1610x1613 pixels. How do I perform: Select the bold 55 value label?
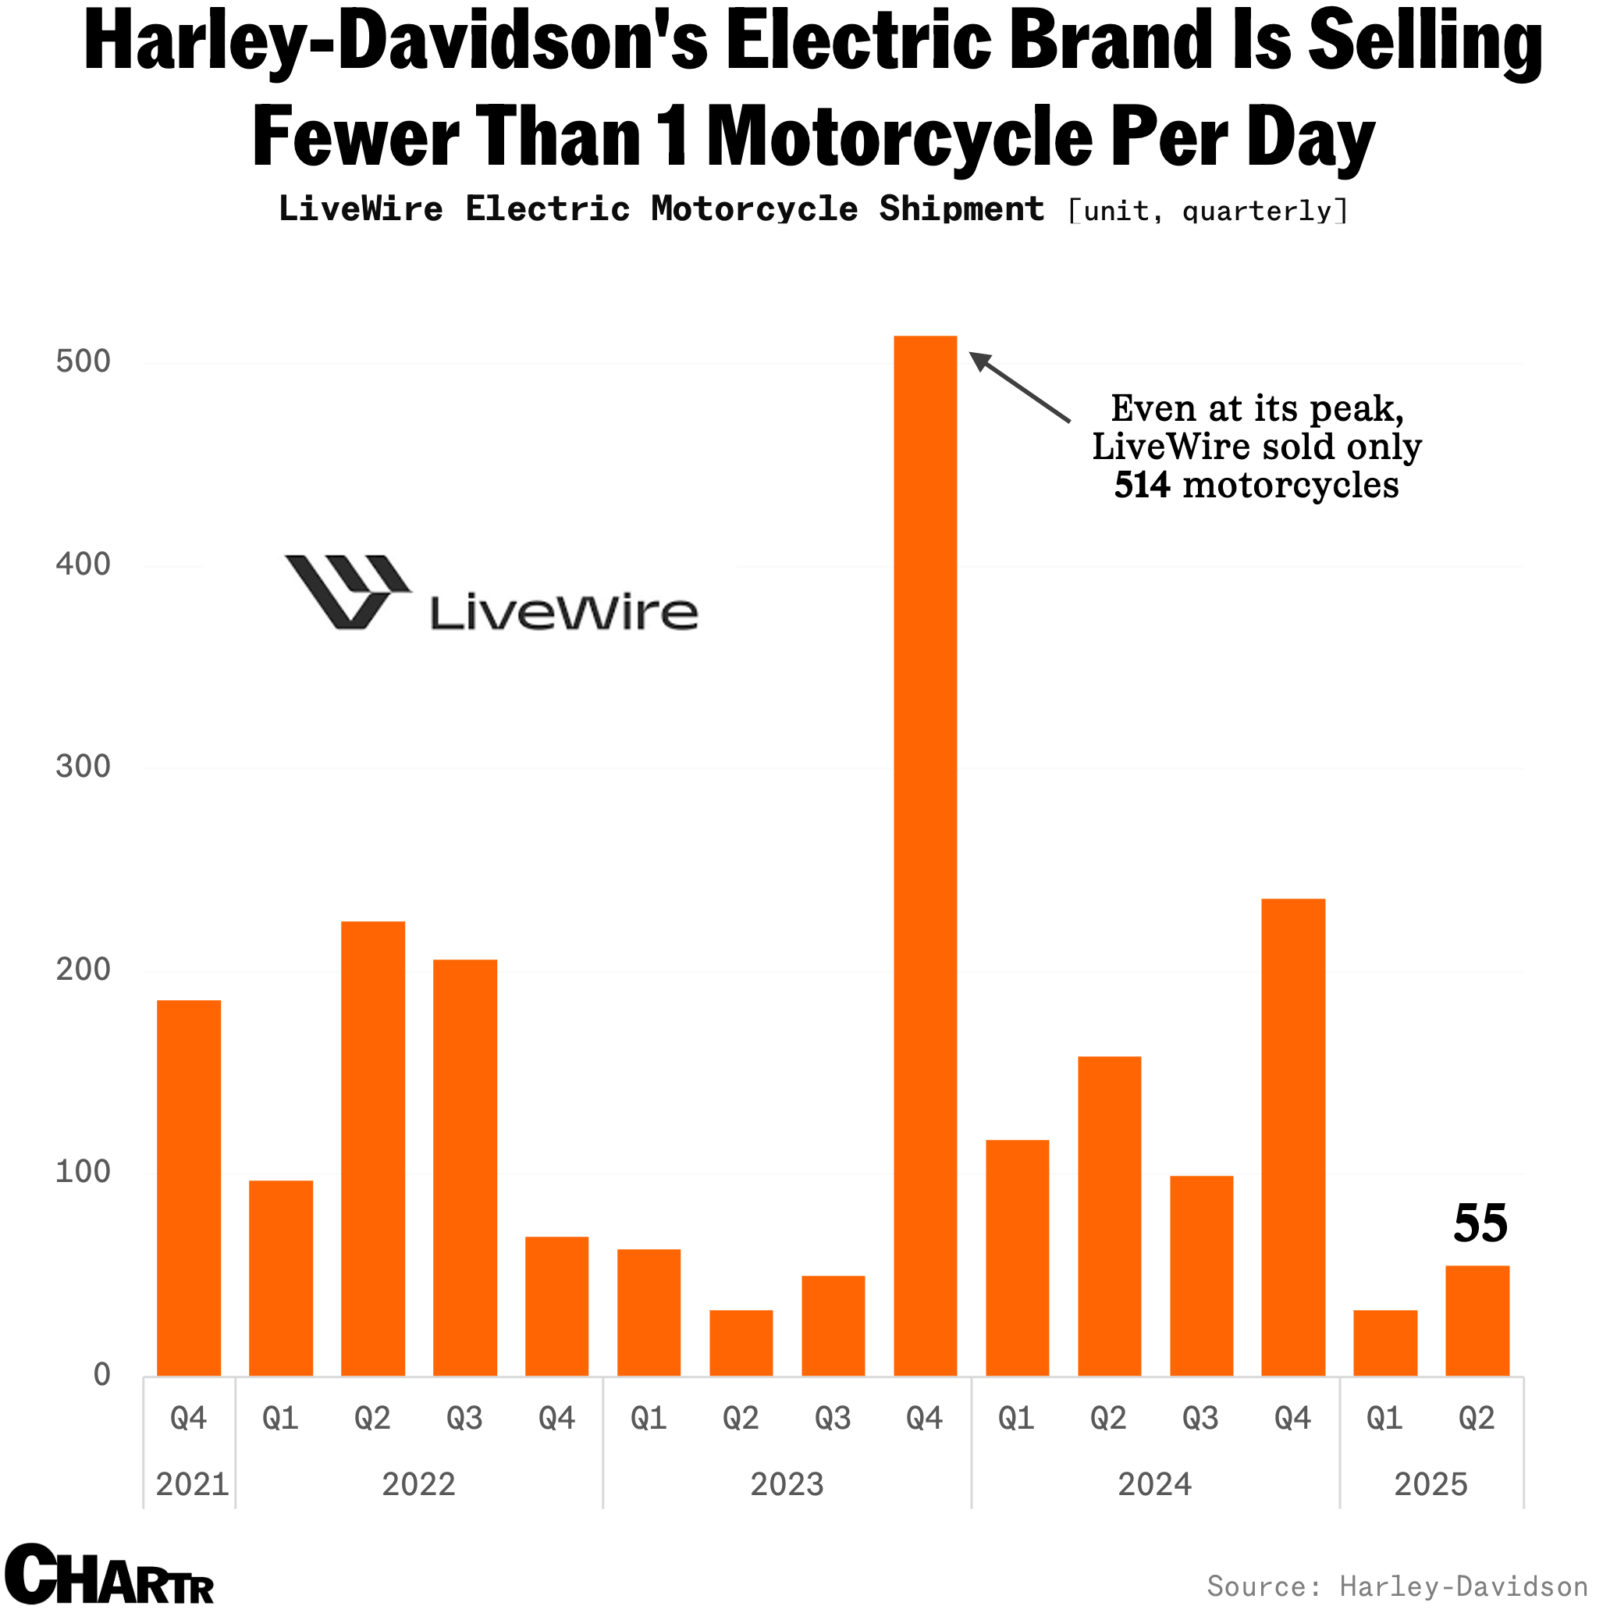[1480, 1224]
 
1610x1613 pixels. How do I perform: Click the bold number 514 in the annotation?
[1142, 486]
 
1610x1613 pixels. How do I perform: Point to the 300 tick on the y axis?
[84, 767]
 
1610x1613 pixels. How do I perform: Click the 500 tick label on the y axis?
[84, 361]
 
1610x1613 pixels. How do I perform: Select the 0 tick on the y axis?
[101, 1375]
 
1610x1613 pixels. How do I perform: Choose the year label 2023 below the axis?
[786, 1484]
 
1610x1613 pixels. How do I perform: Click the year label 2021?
[192, 1484]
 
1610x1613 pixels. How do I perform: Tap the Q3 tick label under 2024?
[1200, 1419]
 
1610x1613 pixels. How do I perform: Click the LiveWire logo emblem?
[347, 591]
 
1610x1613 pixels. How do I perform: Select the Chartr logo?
[109, 1575]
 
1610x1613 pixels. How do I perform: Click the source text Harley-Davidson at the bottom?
[1463, 1586]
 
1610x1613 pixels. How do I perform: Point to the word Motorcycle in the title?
[900, 136]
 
